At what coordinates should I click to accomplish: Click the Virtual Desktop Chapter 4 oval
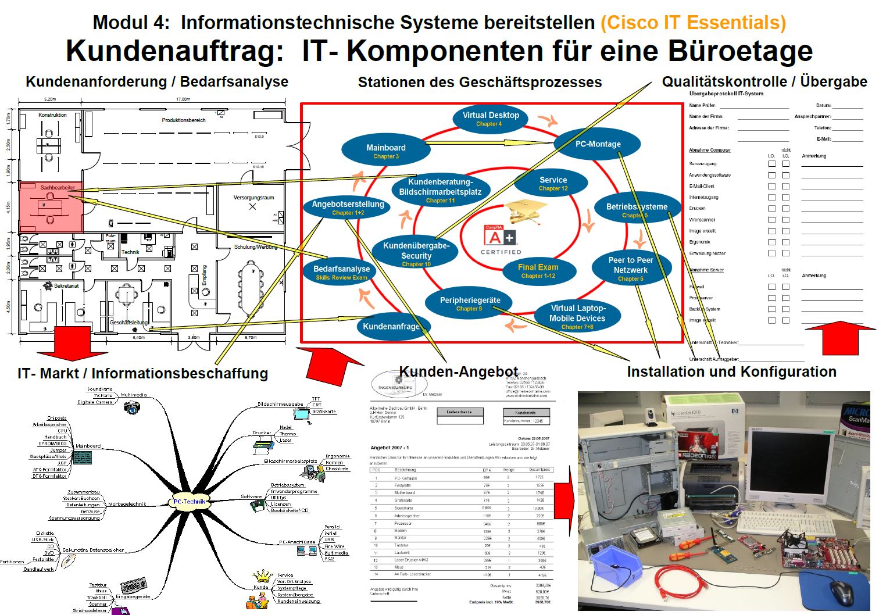[x=490, y=119]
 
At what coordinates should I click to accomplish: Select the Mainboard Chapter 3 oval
[x=385, y=151]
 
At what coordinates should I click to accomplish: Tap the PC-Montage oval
[x=598, y=144]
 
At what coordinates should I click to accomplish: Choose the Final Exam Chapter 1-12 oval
[x=538, y=271]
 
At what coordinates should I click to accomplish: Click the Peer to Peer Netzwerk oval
[x=631, y=269]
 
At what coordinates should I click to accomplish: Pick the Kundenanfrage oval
[x=393, y=327]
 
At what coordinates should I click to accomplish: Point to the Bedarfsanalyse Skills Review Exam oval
[x=341, y=272]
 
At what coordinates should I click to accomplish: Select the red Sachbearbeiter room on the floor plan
[x=51, y=207]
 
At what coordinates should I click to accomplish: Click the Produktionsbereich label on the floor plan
[x=184, y=120]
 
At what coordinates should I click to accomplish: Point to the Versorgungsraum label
[x=253, y=198]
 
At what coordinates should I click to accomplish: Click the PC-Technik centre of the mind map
[x=190, y=501]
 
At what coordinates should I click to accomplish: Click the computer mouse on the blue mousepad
[x=841, y=592]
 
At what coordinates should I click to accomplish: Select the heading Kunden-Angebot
[x=459, y=372]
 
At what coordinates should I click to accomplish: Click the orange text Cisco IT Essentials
[x=693, y=23]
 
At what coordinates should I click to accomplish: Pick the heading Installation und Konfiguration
[x=731, y=372]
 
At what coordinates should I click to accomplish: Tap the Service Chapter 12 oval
[x=553, y=184]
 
